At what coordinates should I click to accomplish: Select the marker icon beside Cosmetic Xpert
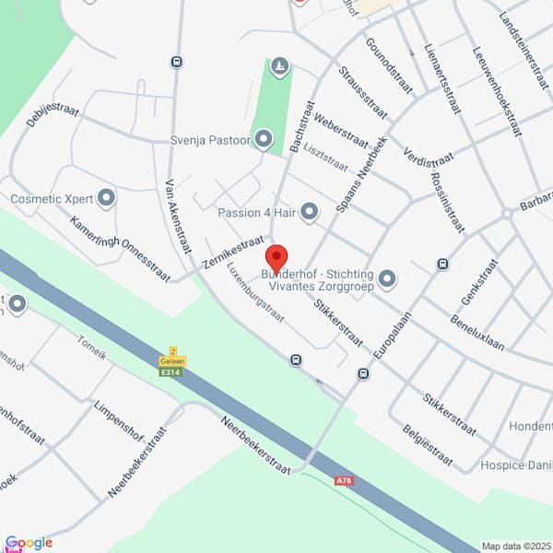click(107, 197)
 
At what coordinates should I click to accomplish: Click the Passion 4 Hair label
click(255, 213)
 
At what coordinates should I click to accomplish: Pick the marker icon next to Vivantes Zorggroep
click(387, 277)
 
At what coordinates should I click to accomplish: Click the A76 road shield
click(344, 480)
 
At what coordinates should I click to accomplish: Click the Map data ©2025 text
click(515, 546)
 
